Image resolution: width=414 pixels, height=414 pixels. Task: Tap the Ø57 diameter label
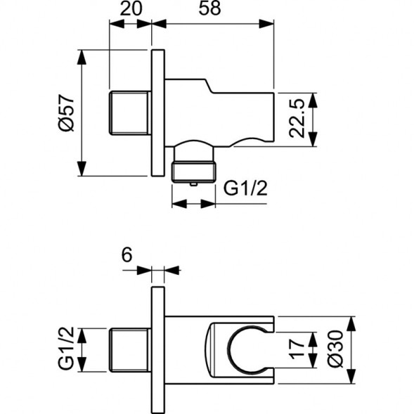[x=65, y=113]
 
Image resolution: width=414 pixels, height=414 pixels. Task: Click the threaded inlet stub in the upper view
[x=130, y=112]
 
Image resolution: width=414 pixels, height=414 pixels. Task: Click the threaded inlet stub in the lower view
[x=130, y=350]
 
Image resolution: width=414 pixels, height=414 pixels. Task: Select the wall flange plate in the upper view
[x=157, y=112]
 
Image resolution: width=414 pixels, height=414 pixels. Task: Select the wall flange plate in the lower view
[x=157, y=350]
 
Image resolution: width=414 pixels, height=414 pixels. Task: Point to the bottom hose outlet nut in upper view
[x=193, y=169]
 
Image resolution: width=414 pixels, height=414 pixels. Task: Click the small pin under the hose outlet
[x=193, y=183]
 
